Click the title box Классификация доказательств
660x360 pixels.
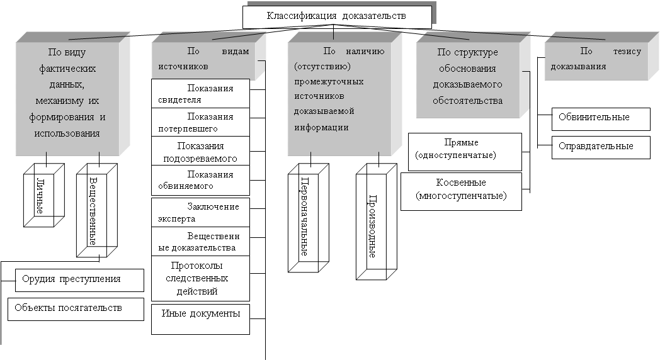pyautogui.click(x=337, y=17)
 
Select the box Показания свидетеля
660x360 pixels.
pyautogui.click(x=200, y=94)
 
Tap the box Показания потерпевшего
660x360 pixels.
pyautogui.click(x=200, y=122)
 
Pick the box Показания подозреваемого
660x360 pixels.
pyautogui.click(x=200, y=151)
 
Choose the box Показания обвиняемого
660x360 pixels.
pyautogui.click(x=200, y=180)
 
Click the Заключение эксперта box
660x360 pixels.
pyautogui.click(x=200, y=212)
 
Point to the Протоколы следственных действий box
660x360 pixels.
pyautogui.click(x=200, y=278)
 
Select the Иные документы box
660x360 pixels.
pyautogui.click(x=200, y=318)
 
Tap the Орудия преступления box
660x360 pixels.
pyautogui.click(x=79, y=279)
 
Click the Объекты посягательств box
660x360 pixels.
pyautogui.click(x=76, y=309)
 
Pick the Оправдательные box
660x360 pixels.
pyautogui.click(x=601, y=147)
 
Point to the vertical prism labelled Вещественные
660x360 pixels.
pyautogui.click(x=94, y=210)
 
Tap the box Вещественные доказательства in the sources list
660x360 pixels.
pyautogui.click(x=200, y=242)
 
